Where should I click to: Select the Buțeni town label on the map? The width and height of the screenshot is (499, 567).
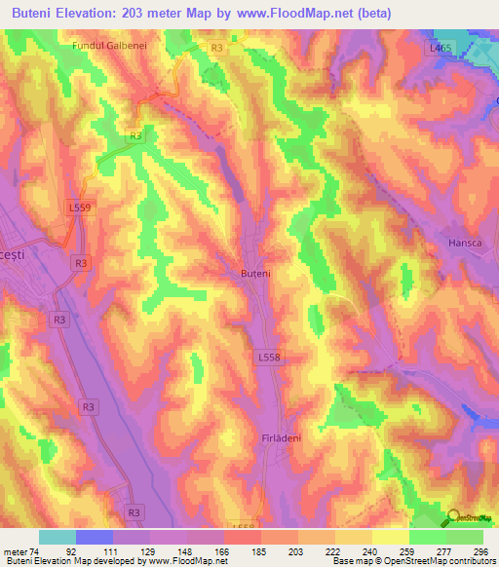click(x=253, y=275)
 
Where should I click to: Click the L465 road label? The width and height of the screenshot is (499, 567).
click(x=441, y=47)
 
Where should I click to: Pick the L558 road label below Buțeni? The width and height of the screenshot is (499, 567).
click(x=270, y=358)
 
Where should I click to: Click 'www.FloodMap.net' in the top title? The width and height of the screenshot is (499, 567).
click(x=328, y=14)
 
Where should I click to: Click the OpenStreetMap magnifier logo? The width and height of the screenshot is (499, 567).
click(x=455, y=517)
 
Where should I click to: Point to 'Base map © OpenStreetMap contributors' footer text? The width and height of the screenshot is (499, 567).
click(x=412, y=561)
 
